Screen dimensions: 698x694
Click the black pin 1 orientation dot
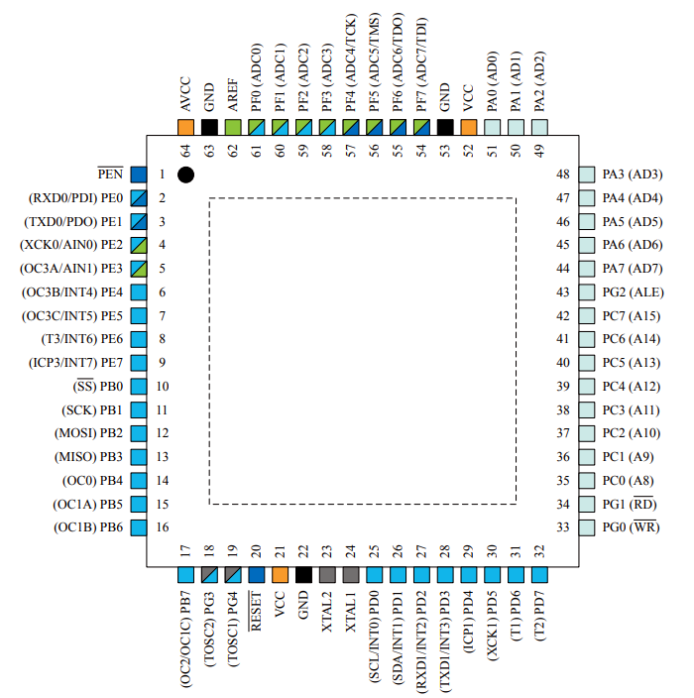[x=185, y=174]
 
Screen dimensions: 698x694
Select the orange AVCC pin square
[x=185, y=127]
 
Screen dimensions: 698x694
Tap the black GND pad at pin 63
[x=209, y=127]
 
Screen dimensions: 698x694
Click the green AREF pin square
[x=233, y=127]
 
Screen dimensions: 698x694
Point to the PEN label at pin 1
[x=110, y=174]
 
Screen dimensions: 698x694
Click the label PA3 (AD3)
[x=632, y=174]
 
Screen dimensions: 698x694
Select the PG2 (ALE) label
[x=633, y=291]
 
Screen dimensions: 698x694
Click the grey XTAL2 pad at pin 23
[x=328, y=574]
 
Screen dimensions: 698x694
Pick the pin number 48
[x=563, y=174]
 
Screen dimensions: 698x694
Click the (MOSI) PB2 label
[x=88, y=433]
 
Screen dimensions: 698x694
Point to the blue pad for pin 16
[x=139, y=527]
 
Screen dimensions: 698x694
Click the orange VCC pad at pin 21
[x=281, y=574]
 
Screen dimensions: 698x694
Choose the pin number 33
[x=563, y=527]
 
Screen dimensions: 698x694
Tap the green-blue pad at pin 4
[x=139, y=244]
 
